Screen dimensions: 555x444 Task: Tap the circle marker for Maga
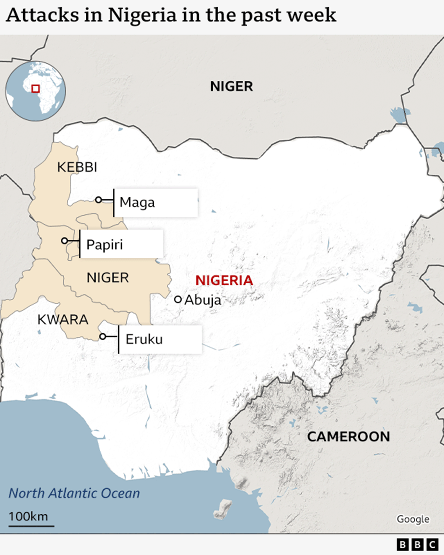pos(99,200)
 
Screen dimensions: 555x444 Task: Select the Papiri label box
pos(121,244)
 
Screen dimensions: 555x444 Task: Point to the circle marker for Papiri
pos(65,241)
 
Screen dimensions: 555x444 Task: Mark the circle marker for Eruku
pos(102,336)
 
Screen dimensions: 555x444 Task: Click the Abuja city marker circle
pos(178,299)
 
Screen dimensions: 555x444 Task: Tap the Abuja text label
pos(203,300)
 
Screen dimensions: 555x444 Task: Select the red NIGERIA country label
pos(224,280)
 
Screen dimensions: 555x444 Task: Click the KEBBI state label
pos(77,167)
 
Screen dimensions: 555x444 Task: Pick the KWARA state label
pos(63,319)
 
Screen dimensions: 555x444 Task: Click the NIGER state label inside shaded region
pos(108,277)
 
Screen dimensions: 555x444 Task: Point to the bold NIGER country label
pos(231,86)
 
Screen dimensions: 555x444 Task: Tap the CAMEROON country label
pos(348,436)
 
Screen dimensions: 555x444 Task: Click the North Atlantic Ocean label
pos(74,493)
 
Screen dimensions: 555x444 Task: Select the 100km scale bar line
pos(31,526)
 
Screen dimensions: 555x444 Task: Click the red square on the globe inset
pos(35,88)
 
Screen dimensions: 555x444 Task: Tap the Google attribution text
pos(413,519)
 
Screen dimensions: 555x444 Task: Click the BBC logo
pos(417,545)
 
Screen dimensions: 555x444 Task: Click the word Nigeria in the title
pos(142,15)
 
